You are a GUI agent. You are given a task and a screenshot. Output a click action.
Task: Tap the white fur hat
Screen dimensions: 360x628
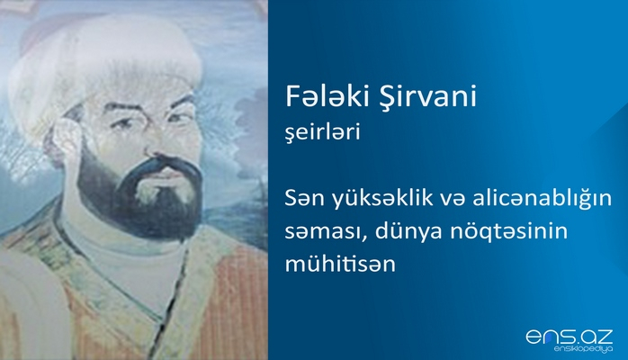click(108, 63)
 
